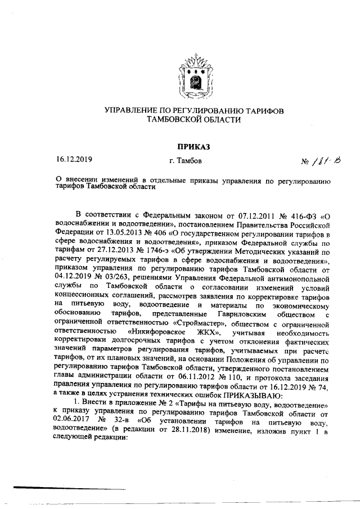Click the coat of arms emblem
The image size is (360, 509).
pyautogui.click(x=193, y=75)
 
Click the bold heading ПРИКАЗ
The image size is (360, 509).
pyautogui.click(x=193, y=147)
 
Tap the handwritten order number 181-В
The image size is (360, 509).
pyautogui.click(x=319, y=163)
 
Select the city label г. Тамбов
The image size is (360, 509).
pyautogui.click(x=185, y=161)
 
